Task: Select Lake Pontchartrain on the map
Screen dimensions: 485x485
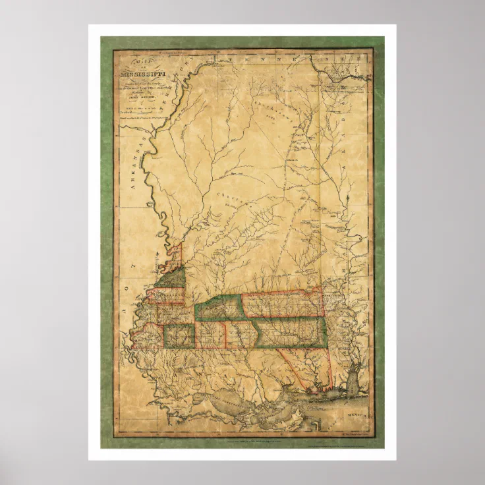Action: (227, 399)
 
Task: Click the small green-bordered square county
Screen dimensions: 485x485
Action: (179, 336)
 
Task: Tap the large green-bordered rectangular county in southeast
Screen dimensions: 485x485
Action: (290, 332)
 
